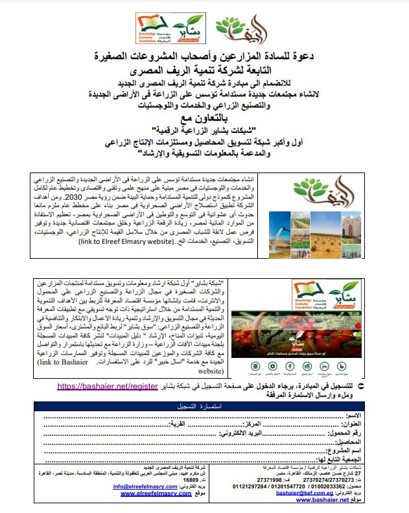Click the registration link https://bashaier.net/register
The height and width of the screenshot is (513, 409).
117,386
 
